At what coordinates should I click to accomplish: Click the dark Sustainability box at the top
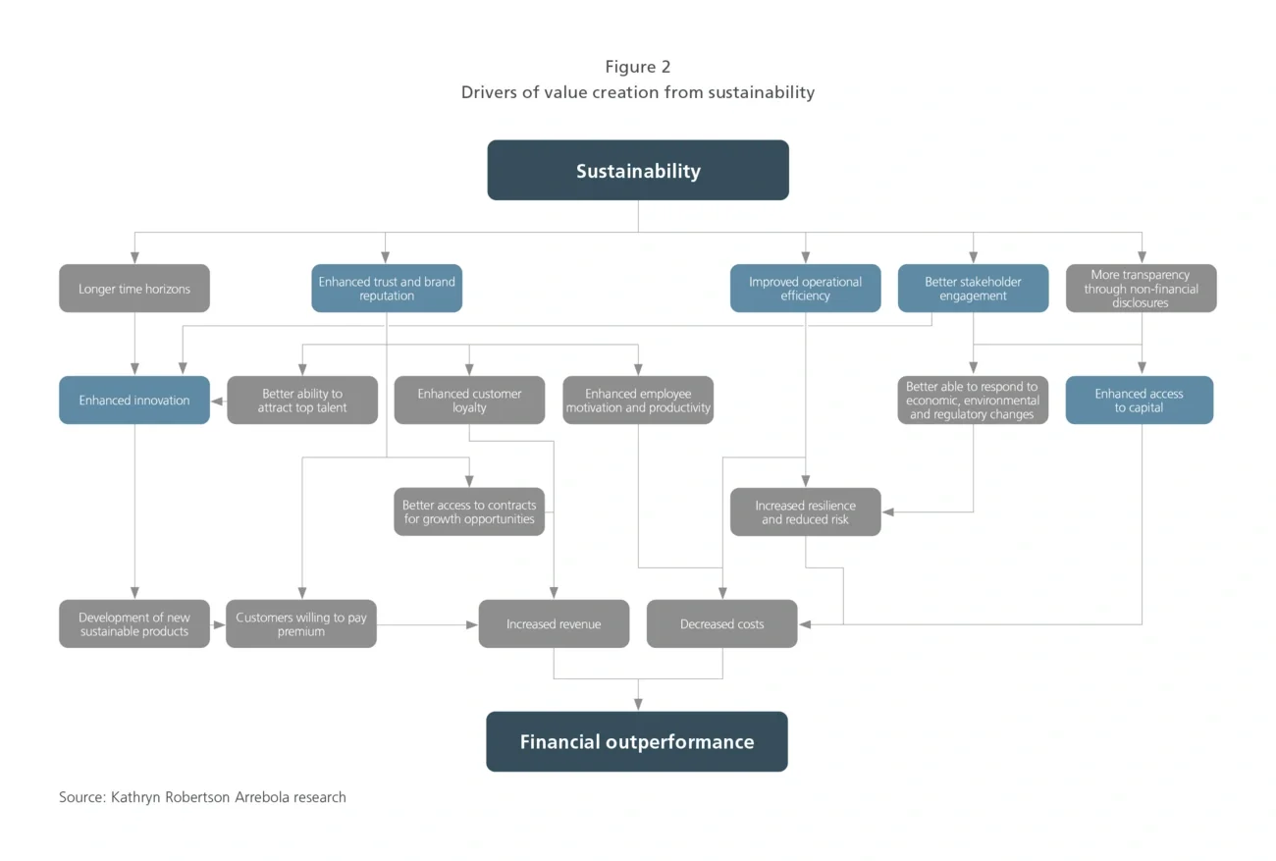[638, 171]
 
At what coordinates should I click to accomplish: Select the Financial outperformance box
[637, 742]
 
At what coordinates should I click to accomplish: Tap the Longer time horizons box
[134, 289]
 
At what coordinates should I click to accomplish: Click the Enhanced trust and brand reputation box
[387, 289]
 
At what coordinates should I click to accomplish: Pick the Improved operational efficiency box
[805, 289]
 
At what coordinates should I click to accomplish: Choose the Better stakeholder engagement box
[973, 289]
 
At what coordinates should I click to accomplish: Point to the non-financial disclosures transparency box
[1141, 289]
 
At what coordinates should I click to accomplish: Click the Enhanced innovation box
[134, 401]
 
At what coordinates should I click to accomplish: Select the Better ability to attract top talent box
[302, 401]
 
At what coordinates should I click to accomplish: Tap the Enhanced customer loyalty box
[469, 401]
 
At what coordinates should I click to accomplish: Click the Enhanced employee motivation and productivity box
[638, 401]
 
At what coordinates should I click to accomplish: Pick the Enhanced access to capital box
[1139, 401]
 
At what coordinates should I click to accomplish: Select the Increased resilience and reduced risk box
[805, 512]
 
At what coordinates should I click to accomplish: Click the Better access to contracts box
[469, 512]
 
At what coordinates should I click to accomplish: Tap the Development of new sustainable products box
[134, 624]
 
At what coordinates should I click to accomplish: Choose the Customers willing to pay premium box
[301, 624]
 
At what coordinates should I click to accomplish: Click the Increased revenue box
[554, 624]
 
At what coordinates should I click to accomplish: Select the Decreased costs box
[721, 624]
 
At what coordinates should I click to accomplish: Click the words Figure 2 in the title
[638, 67]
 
